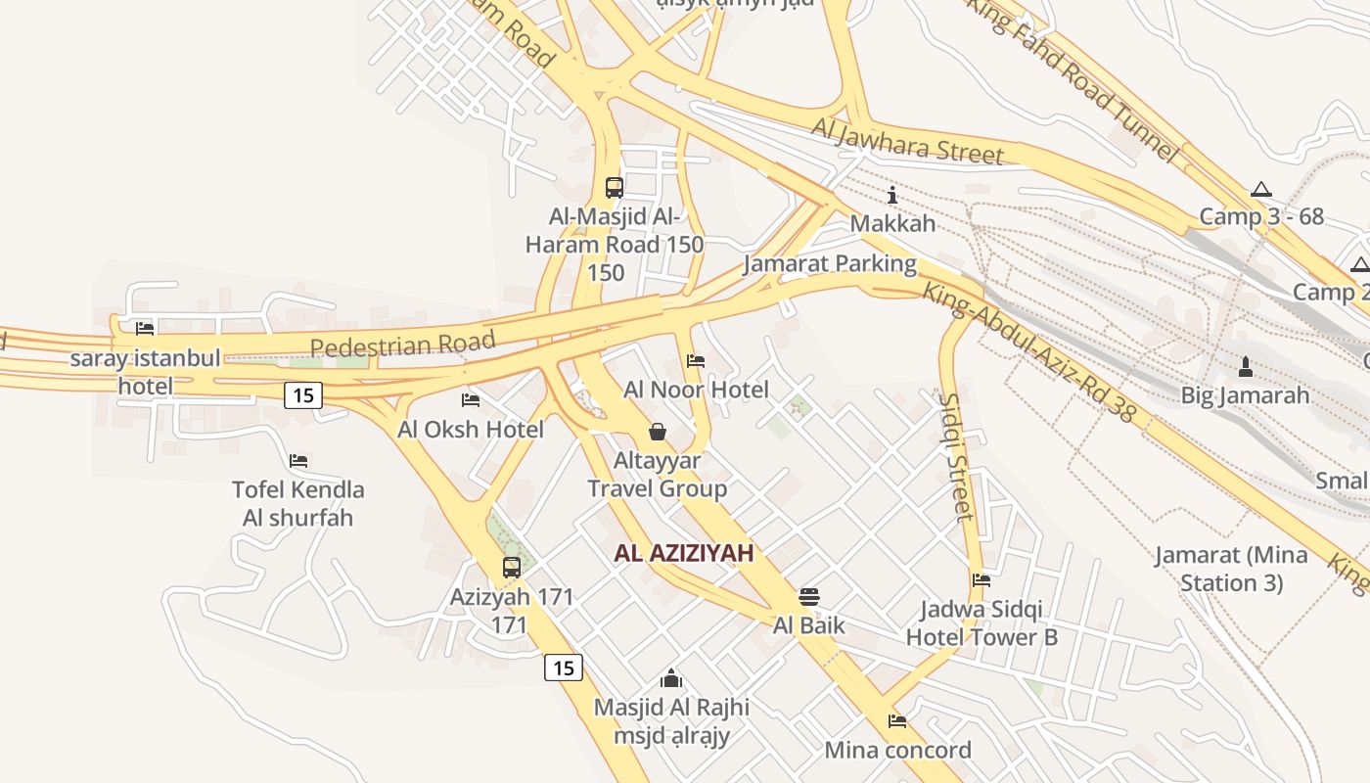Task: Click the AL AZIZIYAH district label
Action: click(x=684, y=553)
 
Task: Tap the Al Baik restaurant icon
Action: click(x=809, y=597)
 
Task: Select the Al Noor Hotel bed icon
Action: click(x=696, y=361)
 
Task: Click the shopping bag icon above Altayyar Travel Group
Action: click(x=658, y=432)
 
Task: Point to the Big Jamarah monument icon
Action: click(x=1245, y=367)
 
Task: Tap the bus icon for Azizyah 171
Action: click(x=511, y=567)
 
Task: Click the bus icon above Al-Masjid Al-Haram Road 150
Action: click(x=615, y=187)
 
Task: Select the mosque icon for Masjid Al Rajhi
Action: click(x=671, y=677)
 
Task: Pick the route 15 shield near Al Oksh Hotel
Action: click(x=303, y=395)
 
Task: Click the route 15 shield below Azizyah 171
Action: click(x=563, y=668)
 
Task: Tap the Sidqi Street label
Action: click(x=957, y=456)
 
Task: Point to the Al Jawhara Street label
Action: click(x=907, y=140)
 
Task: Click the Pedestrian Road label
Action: click(x=402, y=345)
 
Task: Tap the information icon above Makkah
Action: click(x=891, y=195)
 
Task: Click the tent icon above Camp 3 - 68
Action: click(x=1260, y=189)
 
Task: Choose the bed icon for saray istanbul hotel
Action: click(x=145, y=329)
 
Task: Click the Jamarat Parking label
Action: click(x=830, y=263)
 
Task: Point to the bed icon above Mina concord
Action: click(x=897, y=721)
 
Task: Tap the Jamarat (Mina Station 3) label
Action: click(x=1231, y=569)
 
